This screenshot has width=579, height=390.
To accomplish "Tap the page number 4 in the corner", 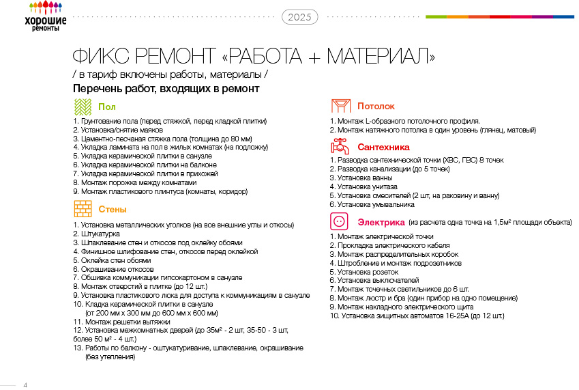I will pos(25,385).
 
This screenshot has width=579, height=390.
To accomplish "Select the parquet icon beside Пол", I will pos(83,107).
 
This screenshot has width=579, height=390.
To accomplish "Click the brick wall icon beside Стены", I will pos(83,209).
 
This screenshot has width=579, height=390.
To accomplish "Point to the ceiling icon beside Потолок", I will pos(340,106).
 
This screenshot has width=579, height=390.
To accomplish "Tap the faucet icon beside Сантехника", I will pos(340,146).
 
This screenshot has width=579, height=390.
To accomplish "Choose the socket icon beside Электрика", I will pos(340,222).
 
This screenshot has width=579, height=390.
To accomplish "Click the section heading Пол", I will pos(107,107).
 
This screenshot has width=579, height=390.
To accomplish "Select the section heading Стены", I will pos(112,209).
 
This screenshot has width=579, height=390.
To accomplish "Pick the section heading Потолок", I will pos(376,106).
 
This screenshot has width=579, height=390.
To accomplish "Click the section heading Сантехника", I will pos(383,147).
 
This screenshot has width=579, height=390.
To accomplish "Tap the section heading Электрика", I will pos(380,223).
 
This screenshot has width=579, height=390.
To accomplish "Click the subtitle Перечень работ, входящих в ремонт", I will pos(166,89).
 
